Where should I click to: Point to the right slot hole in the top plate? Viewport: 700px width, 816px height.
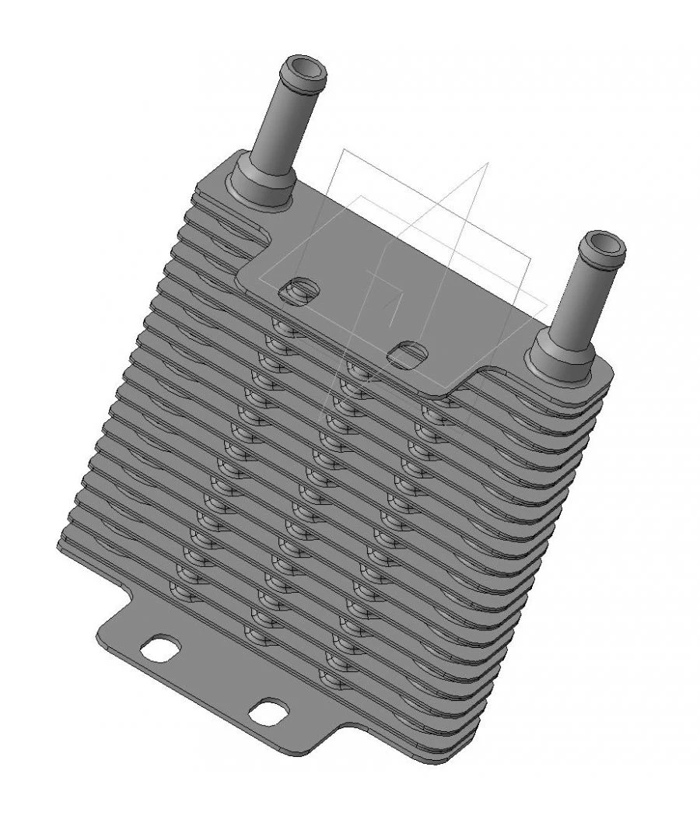tap(407, 352)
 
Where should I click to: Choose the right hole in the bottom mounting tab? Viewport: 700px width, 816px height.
tap(269, 711)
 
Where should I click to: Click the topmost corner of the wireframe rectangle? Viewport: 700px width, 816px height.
tap(339, 149)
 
